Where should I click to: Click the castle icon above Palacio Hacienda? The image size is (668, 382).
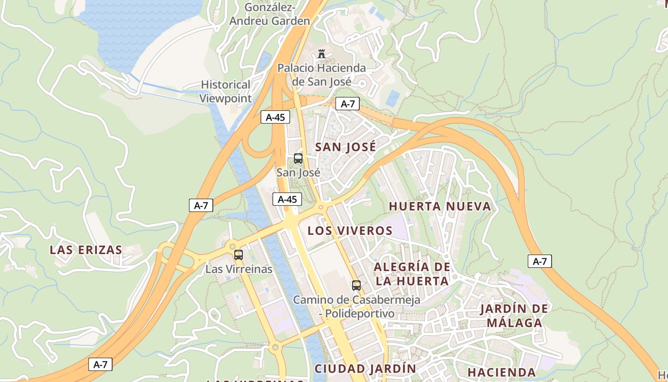[x=322, y=54]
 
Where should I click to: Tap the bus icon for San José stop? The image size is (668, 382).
[x=298, y=159]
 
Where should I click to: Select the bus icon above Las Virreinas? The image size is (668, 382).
[x=239, y=255]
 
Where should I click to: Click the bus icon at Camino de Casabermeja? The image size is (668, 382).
[x=356, y=286]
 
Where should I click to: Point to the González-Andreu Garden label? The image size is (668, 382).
[x=270, y=14]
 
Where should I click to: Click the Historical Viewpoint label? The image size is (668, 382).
[x=225, y=92]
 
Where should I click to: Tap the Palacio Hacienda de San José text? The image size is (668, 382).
[x=322, y=75]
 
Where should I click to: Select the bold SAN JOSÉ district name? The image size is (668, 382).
[x=346, y=147]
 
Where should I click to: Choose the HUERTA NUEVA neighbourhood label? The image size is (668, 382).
[x=440, y=207]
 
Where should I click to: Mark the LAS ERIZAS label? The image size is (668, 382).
[x=86, y=250]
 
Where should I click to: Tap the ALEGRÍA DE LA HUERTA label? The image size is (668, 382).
[x=412, y=274]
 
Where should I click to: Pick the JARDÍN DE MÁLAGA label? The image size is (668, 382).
[x=514, y=316]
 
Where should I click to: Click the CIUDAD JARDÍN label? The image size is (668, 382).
[x=365, y=369]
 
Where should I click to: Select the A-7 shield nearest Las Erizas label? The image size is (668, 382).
[x=201, y=205]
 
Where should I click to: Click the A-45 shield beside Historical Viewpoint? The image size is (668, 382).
[x=275, y=117]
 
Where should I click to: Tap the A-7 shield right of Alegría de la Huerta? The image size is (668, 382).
[x=540, y=261]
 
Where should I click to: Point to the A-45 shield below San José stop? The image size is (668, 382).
[x=287, y=199]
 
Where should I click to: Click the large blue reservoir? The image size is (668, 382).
[x=138, y=29]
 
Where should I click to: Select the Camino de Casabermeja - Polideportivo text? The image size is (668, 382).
[x=356, y=307]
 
